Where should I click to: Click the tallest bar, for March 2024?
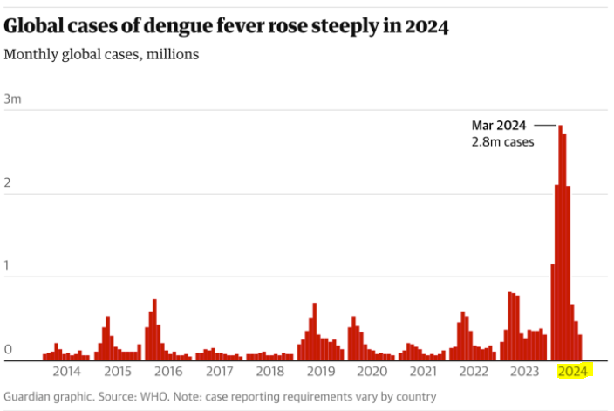pos(560,244)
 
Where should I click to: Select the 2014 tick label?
pos(66,371)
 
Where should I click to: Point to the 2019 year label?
pos(321,371)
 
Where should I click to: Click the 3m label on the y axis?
pos(12,99)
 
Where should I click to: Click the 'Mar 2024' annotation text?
pos(498,125)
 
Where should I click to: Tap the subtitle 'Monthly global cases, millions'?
pos(101,54)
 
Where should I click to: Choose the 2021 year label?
pos(423,371)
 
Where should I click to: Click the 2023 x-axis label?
pos(524,371)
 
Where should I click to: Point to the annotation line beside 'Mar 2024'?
pos(544,125)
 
